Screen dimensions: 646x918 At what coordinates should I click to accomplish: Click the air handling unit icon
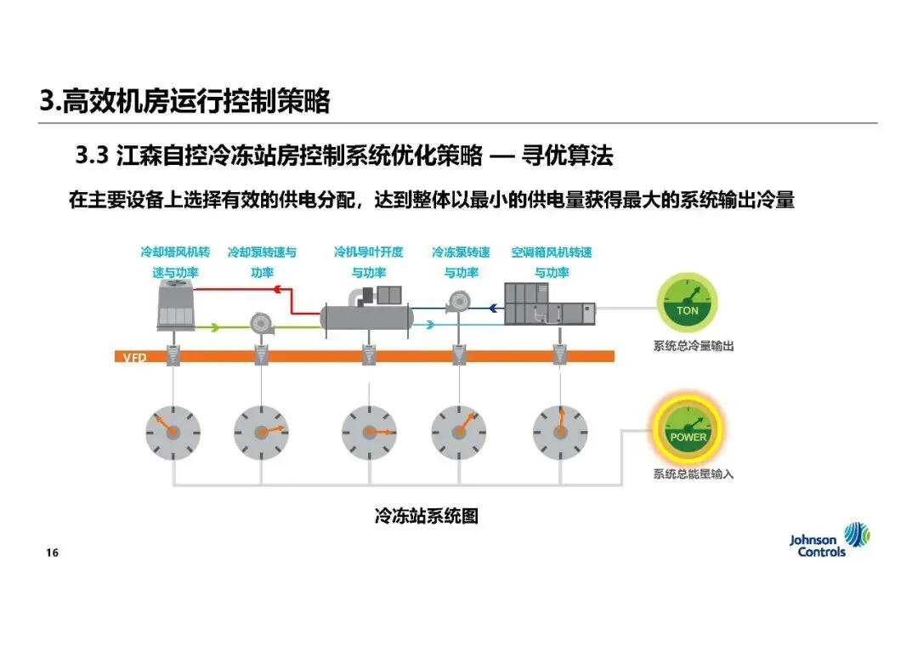[x=547, y=304]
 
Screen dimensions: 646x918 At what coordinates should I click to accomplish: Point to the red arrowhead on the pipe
[x=275, y=290]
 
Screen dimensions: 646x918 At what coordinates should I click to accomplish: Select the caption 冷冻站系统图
[x=427, y=515]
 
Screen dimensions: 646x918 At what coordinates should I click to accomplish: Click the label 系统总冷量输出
[x=693, y=346]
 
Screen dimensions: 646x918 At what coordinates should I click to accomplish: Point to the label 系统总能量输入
[x=693, y=473]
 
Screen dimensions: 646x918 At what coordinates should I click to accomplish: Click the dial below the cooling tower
[x=173, y=431]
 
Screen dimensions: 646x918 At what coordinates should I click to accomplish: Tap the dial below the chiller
[x=369, y=431]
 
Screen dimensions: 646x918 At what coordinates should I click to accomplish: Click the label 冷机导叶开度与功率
[x=368, y=262]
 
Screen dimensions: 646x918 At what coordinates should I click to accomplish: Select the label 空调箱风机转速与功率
[x=551, y=262]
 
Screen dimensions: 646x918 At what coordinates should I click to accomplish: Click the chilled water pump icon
[x=461, y=300]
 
